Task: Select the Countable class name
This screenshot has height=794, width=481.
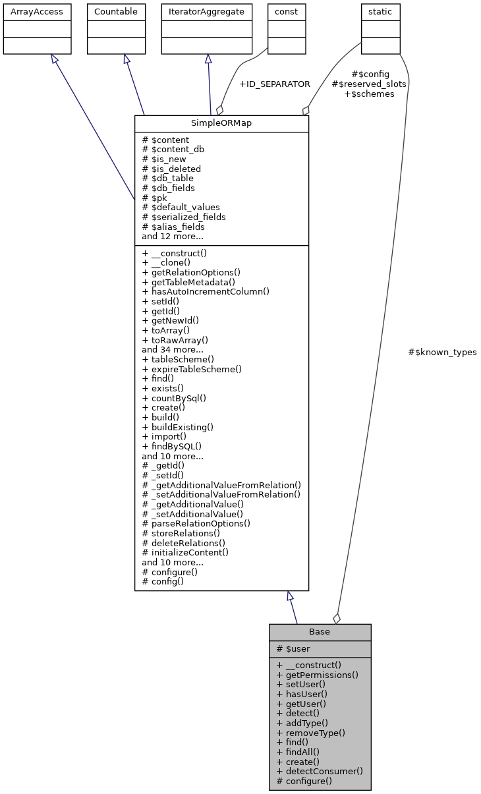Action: pos(116,12)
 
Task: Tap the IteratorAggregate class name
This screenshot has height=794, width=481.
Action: pos(207,12)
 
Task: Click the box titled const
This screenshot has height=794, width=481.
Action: pos(287,12)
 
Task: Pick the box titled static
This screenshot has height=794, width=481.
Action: pos(380,12)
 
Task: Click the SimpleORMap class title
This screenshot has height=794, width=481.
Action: pos(221,124)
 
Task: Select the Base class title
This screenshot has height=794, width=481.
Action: pos(320,632)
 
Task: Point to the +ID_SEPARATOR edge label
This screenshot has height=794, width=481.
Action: pos(274,84)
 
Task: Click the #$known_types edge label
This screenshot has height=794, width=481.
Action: pos(442,353)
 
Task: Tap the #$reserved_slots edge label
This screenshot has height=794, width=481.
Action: pos(369,84)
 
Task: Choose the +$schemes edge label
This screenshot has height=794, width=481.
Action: pos(369,94)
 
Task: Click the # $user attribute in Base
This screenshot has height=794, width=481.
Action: pos(293,649)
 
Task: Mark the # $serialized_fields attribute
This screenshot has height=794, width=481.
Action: pos(184,217)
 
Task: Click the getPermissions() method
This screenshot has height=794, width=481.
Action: pos(318,675)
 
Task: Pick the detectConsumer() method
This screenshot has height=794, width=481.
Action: pos(320,771)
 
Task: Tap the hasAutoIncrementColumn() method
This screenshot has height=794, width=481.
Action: pos(206,291)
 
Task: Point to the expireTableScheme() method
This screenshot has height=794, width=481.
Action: pos(192,369)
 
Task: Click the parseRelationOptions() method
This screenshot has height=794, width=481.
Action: pos(196,523)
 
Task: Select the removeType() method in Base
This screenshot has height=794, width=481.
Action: pos(311,733)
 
